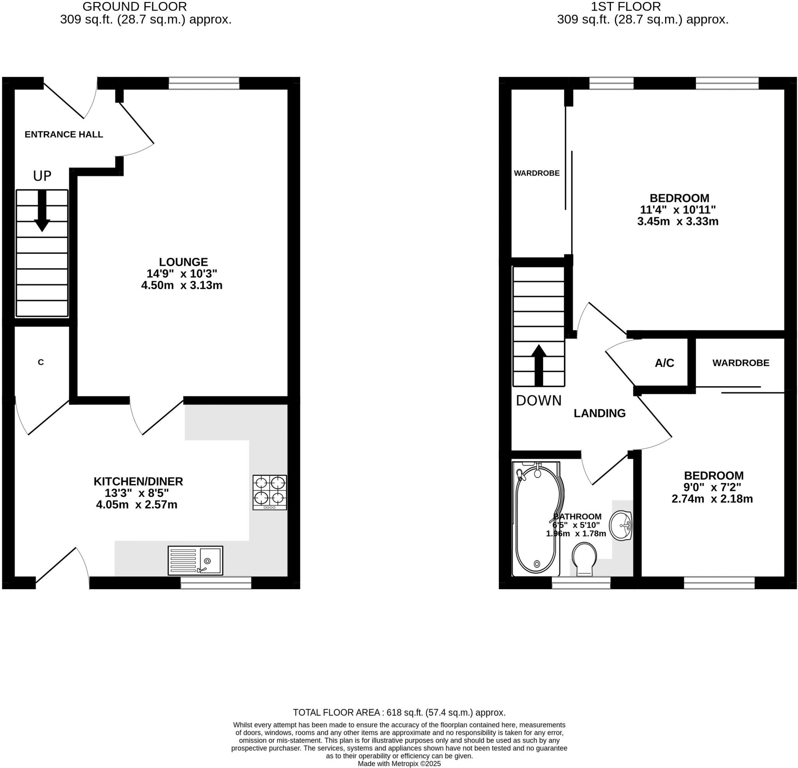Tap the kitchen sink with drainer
click(196, 560)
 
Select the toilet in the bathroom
click(584, 560)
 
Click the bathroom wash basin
click(620, 526)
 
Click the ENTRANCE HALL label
click(64, 134)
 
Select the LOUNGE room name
click(183, 262)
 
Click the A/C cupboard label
click(664, 363)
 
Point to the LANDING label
click(599, 413)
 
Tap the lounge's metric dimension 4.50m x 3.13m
click(182, 285)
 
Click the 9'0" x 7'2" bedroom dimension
click(711, 487)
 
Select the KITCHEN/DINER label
click(138, 481)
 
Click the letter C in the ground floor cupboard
click(41, 362)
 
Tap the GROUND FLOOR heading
click(135, 7)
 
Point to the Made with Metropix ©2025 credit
click(399, 764)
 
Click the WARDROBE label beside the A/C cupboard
click(741, 363)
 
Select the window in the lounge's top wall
click(204, 83)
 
